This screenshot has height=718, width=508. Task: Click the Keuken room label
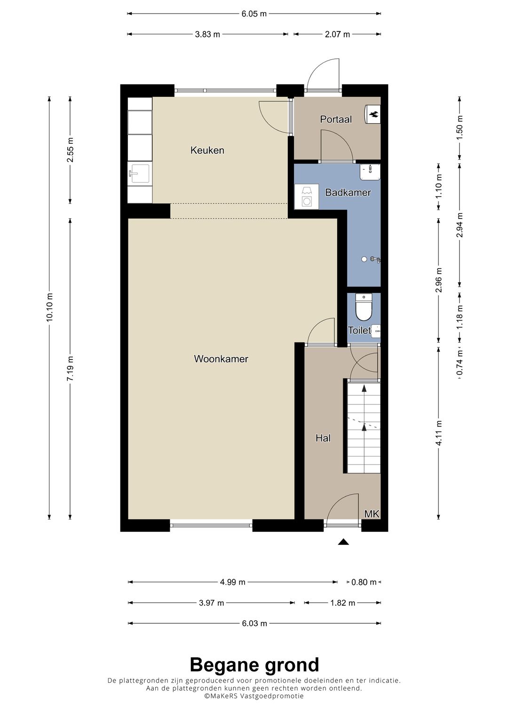(207, 150)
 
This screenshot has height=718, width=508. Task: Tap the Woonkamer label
(221, 359)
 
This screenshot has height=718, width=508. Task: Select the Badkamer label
(348, 192)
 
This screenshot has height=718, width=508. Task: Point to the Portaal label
(336, 119)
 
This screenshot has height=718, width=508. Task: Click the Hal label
(323, 438)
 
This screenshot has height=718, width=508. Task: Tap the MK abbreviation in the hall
(372, 514)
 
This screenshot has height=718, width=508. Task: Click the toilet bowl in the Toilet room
(364, 308)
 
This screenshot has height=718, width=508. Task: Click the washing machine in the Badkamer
(307, 197)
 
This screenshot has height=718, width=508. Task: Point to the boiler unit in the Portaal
(373, 114)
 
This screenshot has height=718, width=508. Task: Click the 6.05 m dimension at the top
(254, 14)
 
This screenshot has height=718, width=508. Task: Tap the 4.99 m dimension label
(232, 582)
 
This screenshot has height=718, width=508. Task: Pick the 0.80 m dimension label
(364, 582)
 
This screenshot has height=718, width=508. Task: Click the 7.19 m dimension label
(70, 368)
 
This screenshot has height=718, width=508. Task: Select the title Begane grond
(254, 665)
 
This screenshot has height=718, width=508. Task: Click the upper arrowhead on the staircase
(364, 388)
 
